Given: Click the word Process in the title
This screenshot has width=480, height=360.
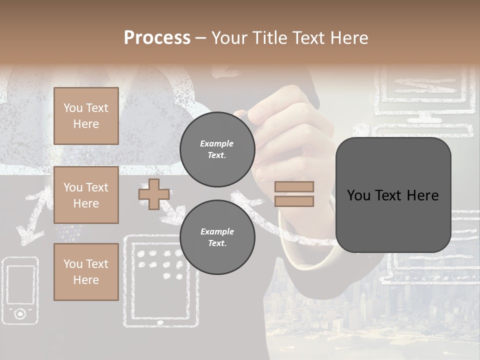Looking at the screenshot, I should point(157,38).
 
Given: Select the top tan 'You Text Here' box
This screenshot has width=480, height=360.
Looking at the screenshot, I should point(86,116).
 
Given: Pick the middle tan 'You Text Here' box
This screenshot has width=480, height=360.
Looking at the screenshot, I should point(86,195).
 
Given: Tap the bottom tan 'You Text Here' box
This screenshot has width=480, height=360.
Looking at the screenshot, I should point(86,272).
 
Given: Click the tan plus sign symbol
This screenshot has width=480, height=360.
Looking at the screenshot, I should point(153,194).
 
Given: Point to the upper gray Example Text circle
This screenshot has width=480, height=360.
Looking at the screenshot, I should point(217,149).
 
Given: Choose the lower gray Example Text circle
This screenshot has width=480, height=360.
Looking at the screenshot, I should point(217,237).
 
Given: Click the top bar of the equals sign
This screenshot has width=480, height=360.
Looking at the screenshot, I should point(294,186).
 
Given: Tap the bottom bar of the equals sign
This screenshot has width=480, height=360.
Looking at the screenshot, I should point(294,201).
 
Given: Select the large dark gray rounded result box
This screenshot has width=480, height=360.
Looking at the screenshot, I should point(393,195).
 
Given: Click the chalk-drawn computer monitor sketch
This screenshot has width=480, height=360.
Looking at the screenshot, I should point(425,95).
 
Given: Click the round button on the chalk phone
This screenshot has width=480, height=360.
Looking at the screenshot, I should point(20,313).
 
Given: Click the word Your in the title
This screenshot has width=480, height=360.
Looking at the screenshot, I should point(229,38).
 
